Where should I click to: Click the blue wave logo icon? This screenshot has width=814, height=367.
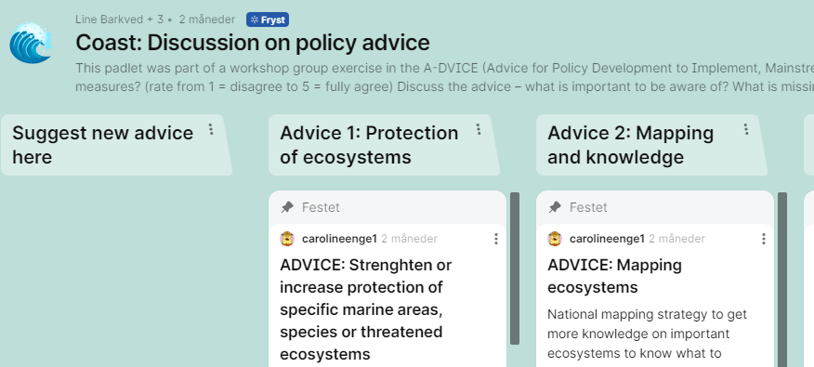31,43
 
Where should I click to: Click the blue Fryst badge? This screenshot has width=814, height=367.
268,20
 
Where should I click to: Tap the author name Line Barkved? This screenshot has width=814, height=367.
109,20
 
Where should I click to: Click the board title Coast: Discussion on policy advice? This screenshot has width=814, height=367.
253,43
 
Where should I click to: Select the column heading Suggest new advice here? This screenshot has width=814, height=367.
103,145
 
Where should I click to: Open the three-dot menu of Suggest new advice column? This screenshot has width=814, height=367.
211,129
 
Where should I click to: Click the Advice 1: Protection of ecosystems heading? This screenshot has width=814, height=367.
369,145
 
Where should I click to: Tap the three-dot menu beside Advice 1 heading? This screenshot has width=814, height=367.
479,129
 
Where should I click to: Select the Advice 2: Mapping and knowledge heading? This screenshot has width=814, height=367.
630,145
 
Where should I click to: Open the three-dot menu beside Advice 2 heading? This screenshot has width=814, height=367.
746,129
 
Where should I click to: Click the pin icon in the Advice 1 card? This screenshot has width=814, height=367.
287,207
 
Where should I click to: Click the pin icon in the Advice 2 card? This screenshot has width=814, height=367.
555,207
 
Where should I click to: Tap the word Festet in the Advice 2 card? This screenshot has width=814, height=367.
588,207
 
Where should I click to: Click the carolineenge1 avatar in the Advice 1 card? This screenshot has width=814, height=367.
287,239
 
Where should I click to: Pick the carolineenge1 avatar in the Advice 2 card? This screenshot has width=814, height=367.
555,239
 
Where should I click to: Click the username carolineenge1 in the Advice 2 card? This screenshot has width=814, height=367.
607,239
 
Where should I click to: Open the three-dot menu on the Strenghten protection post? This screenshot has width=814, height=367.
496,239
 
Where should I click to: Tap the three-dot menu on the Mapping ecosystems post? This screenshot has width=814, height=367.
763,239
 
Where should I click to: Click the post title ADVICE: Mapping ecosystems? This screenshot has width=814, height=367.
614,276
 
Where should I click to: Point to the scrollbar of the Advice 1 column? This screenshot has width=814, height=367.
515,269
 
